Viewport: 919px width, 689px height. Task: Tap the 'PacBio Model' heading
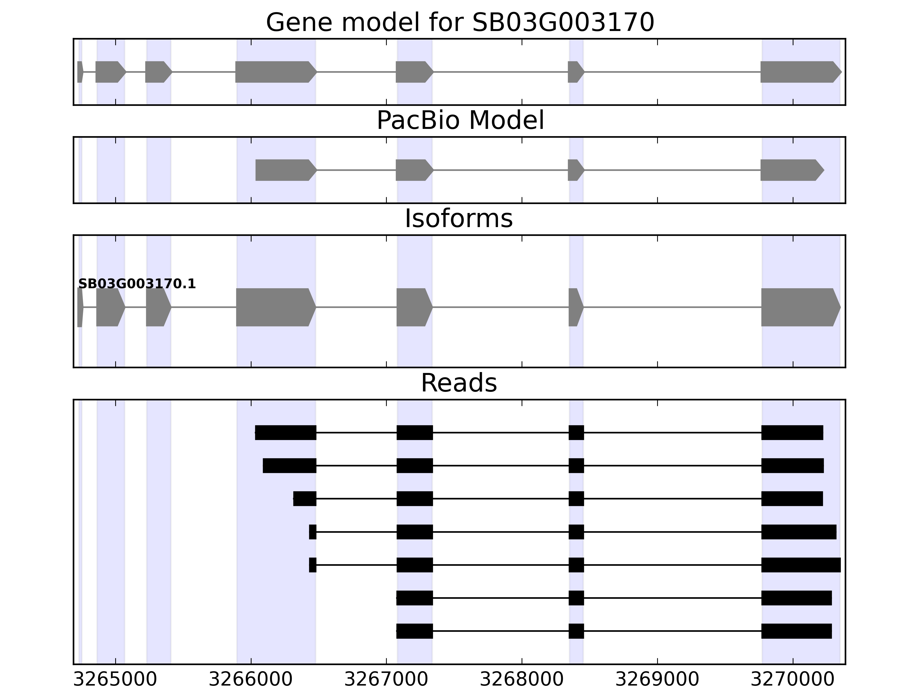(459, 121)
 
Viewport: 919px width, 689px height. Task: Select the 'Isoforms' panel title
(459, 218)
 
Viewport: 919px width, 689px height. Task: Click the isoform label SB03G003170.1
(137, 284)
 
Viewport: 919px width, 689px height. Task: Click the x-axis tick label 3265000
(115, 680)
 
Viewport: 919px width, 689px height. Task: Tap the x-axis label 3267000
(386, 680)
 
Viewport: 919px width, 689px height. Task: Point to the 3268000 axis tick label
(522, 680)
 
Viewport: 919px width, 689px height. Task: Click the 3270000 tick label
(792, 680)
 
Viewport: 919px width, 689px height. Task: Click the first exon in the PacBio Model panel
(285, 170)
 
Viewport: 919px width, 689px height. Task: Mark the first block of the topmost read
(285, 432)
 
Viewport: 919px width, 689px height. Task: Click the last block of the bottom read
(796, 631)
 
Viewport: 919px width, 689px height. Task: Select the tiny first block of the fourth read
(312, 532)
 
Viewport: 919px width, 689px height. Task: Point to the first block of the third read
(304, 498)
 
